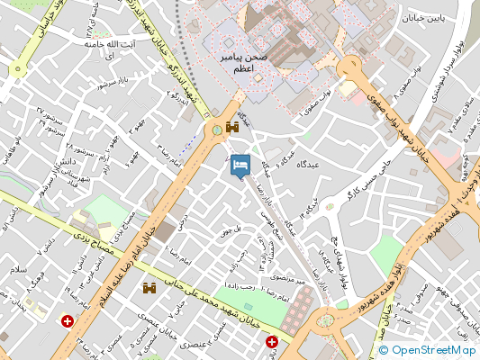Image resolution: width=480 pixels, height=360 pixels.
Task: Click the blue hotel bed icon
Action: (240, 166)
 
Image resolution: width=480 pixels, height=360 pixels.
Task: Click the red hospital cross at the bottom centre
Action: (272, 341)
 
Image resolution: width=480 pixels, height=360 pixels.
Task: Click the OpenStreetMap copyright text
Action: (428, 350)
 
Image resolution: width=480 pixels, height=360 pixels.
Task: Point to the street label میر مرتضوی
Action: (290, 281)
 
